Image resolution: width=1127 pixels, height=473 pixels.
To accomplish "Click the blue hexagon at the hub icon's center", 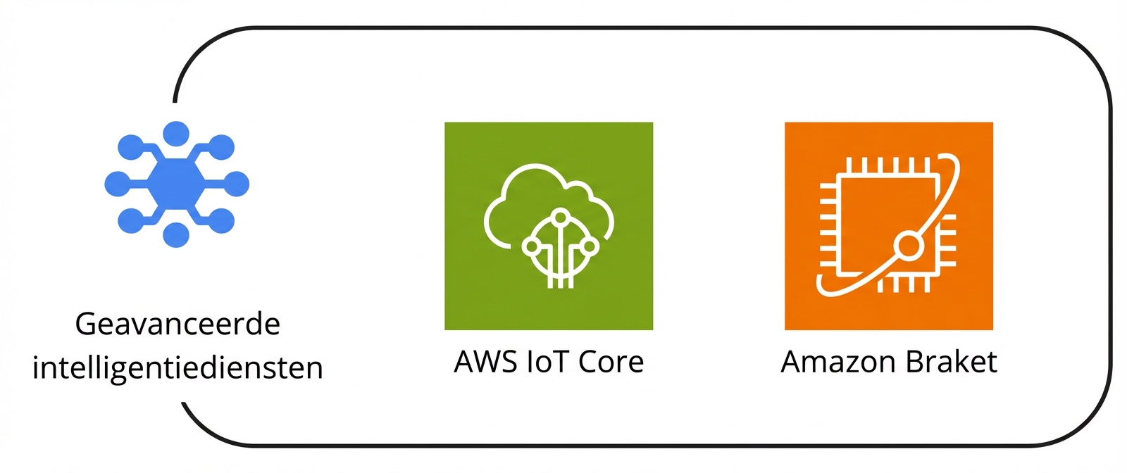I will click(176, 184).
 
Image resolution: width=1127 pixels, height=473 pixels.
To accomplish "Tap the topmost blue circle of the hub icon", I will click(176, 133).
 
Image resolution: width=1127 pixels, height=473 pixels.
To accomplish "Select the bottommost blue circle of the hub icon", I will click(176, 235).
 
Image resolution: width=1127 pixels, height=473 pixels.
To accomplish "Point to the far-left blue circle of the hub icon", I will click(117, 184).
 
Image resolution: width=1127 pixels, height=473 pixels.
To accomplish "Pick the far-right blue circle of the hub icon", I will click(237, 184).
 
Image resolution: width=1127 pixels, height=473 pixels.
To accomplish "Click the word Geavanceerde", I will click(178, 324).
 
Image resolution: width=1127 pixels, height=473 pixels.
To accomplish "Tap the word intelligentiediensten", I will click(178, 367).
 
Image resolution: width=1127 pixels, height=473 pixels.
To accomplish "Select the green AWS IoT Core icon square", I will click(549, 226).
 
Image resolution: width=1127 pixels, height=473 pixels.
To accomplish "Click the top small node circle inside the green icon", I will click(561, 217).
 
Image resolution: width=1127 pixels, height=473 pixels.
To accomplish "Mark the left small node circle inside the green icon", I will click(531, 246).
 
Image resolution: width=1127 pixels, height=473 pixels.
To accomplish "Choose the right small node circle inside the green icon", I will click(590, 246).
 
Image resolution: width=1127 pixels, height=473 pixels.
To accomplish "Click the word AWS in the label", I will click(485, 362).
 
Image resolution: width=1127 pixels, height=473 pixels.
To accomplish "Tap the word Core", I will click(611, 362).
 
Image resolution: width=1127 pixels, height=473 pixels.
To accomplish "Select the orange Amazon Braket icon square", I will click(889, 226).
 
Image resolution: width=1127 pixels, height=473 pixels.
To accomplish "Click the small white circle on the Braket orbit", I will click(909, 246).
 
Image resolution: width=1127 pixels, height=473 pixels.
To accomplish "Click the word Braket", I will click(952, 362).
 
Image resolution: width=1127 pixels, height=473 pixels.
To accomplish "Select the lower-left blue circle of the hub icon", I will click(130, 221).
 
